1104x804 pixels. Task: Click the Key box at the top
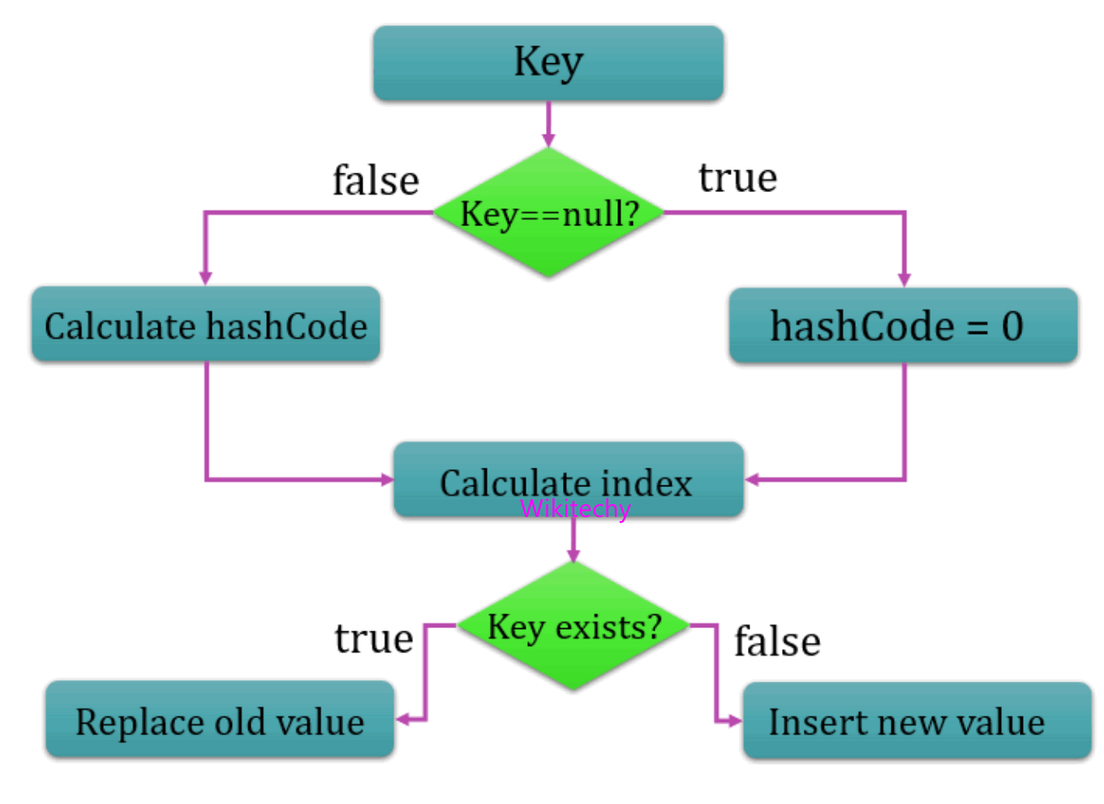pyautogui.click(x=548, y=63)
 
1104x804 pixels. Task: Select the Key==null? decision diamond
pyautogui.click(x=549, y=213)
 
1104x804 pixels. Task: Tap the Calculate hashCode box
pyautogui.click(x=206, y=325)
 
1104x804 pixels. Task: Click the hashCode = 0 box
pyautogui.click(x=903, y=326)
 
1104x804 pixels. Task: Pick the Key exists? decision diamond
pyautogui.click(x=573, y=627)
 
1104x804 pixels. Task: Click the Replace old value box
pyautogui.click(x=220, y=721)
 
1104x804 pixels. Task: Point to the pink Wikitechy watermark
pyautogui.click(x=574, y=509)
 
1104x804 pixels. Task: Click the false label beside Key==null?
pyautogui.click(x=376, y=180)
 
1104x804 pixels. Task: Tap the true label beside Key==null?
pyautogui.click(x=737, y=177)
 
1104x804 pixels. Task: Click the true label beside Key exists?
pyautogui.click(x=374, y=639)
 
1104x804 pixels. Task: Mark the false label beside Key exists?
pyautogui.click(x=777, y=642)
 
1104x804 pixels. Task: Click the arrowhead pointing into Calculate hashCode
pyautogui.click(x=206, y=278)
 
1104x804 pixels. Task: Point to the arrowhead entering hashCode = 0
pyautogui.click(x=904, y=280)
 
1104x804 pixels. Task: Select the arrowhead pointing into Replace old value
pyautogui.click(x=403, y=720)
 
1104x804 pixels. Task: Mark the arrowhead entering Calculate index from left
pyautogui.click(x=387, y=480)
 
